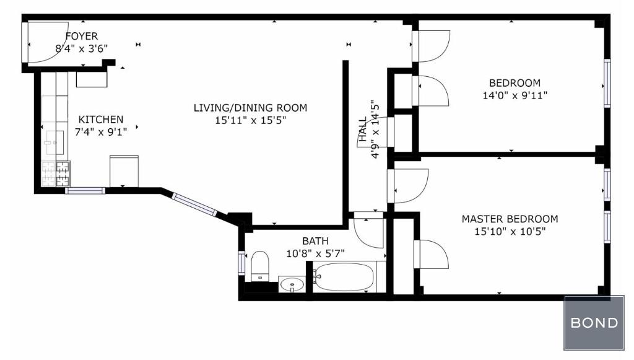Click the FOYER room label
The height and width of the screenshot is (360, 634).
point(82,36)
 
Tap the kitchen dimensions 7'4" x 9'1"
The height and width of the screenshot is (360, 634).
point(101,132)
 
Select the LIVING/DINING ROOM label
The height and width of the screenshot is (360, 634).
point(250,108)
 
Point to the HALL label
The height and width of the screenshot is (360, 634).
point(363,129)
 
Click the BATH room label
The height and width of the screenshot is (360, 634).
point(315,241)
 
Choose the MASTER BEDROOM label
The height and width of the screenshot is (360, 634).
point(510,219)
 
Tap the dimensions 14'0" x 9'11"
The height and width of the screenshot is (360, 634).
point(515,95)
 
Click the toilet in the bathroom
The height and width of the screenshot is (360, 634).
point(260,266)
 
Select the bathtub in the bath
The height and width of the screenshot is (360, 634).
point(344,277)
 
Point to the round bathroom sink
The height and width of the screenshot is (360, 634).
point(292,285)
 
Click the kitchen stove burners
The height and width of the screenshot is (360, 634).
point(56,174)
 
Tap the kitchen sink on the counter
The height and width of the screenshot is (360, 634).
point(55,143)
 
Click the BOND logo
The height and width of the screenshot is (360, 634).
point(594,323)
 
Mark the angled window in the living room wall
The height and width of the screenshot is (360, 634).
point(194,204)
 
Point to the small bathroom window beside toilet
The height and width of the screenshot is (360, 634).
point(241,263)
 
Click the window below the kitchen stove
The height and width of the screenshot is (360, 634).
point(85,190)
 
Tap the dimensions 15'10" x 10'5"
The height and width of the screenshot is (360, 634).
point(510,232)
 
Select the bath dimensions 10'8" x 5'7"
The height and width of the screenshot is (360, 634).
point(315,253)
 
